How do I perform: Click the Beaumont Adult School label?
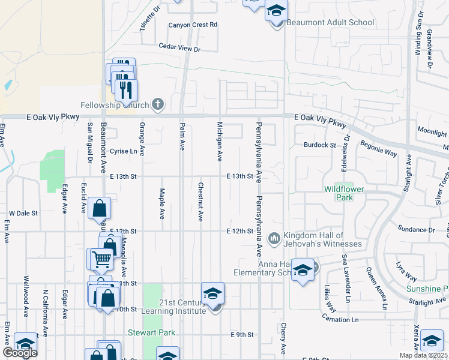pos(330,22)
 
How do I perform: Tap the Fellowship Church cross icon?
pos(158,105)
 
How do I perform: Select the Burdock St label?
pos(319,145)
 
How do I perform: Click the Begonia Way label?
pos(378,148)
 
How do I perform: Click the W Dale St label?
pos(23,213)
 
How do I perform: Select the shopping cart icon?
pos(103,259)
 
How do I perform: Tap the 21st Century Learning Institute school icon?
pos(212,294)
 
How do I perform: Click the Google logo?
pos(20,353)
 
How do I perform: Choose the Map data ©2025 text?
pos(423,355)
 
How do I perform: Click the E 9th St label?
pos(243,334)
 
